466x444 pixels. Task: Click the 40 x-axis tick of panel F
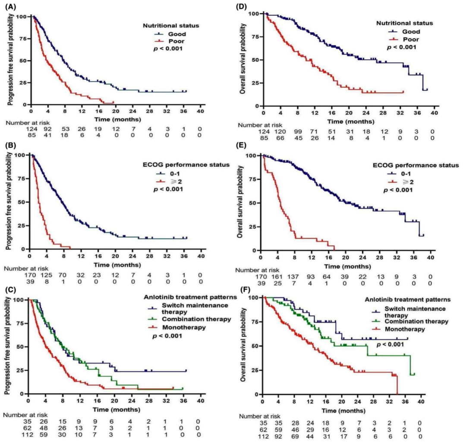422,402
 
